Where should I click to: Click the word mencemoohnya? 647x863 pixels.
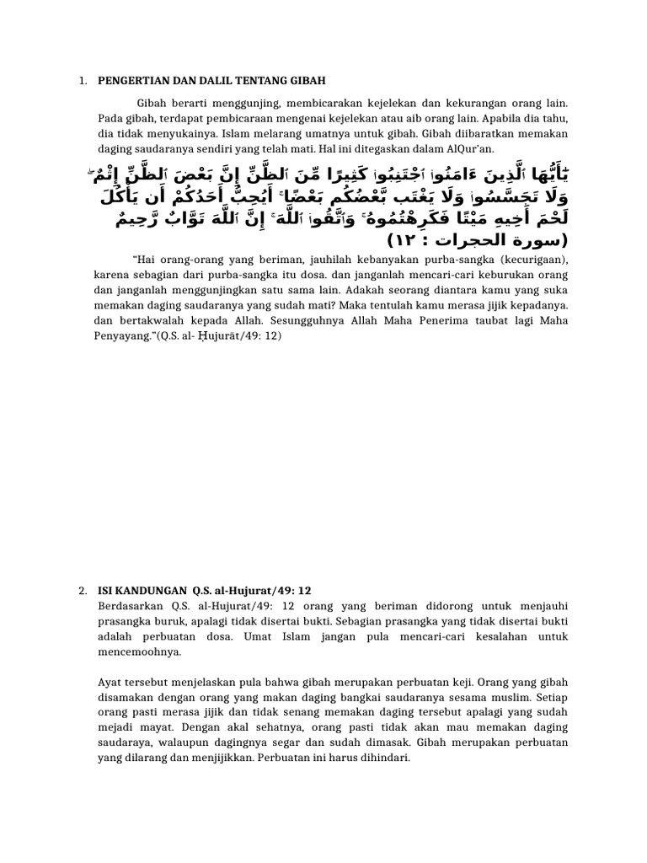139,651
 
